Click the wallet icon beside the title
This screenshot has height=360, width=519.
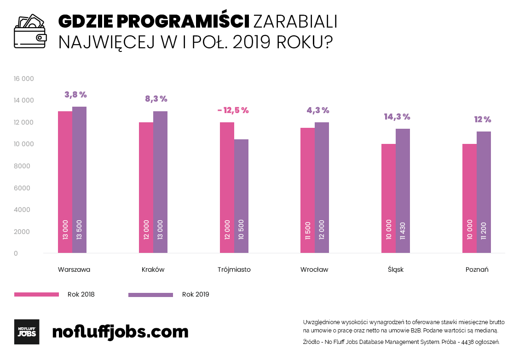tap(30, 31)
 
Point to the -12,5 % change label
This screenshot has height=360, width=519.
tap(233, 110)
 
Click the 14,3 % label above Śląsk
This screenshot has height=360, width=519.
tap(397, 117)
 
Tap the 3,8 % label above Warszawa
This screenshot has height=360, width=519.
tap(76, 95)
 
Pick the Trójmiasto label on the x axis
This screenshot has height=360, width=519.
tap(234, 270)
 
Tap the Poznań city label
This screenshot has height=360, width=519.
tap(477, 270)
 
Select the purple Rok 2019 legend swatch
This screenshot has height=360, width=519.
tap(150, 295)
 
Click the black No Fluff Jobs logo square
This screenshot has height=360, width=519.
tap(27, 331)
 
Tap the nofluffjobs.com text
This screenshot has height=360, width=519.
tap(121, 331)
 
